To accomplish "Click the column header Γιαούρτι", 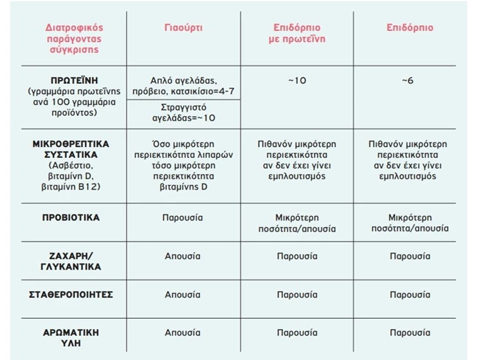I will pyautogui.click(x=183, y=27).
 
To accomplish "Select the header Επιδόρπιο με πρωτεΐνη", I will pyautogui.click(x=295, y=33).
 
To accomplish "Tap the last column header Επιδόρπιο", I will pyautogui.click(x=410, y=27).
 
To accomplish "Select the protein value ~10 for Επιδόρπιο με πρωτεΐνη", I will pyautogui.click(x=295, y=79).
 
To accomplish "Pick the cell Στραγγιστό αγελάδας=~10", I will pyautogui.click(x=183, y=112).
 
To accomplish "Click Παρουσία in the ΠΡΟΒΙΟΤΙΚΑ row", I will pyautogui.click(x=183, y=218).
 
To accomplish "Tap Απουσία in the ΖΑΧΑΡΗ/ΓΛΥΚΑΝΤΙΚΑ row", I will pyautogui.click(x=183, y=256).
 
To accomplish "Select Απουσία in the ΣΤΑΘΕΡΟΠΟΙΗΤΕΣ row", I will pyautogui.click(x=183, y=294).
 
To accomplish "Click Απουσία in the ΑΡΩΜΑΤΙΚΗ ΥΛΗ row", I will pyautogui.click(x=183, y=332).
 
